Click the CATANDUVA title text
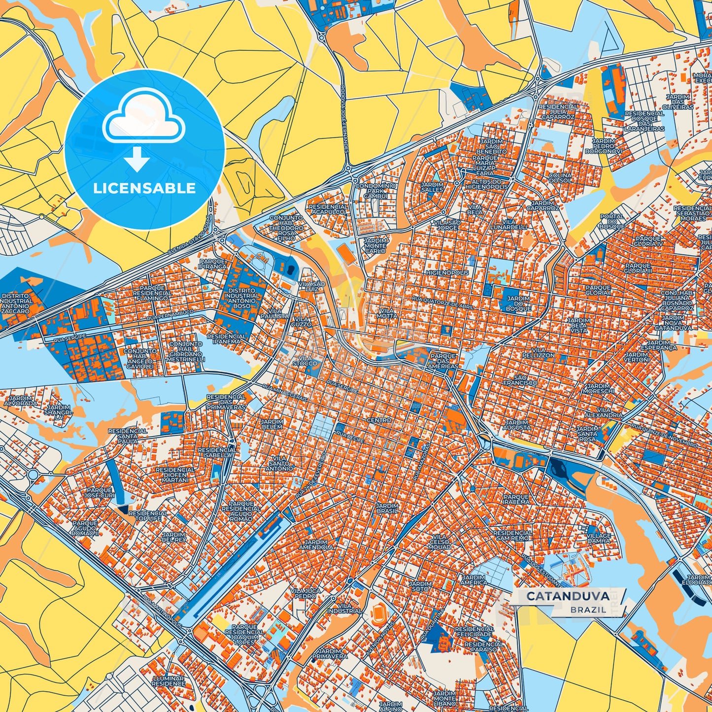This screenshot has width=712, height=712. (x=567, y=596)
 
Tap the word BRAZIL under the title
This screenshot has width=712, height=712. (x=588, y=610)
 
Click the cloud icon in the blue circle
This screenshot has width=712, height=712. (x=143, y=118)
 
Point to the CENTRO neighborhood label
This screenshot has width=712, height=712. (x=379, y=420)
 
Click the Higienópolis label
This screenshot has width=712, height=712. (x=447, y=272)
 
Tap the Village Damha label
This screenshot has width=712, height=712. (x=599, y=538)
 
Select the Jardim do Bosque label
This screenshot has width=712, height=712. (x=518, y=304)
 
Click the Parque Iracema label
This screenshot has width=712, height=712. (x=516, y=500)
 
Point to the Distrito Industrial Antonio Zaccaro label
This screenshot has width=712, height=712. (x=16, y=304)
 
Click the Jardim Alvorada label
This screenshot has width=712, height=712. (x=20, y=401)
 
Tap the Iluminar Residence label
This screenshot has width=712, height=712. (x=168, y=681)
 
